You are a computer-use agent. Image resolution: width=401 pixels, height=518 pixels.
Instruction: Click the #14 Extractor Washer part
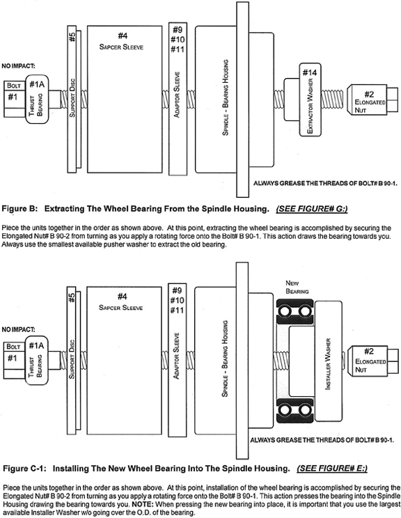click(x=310, y=100)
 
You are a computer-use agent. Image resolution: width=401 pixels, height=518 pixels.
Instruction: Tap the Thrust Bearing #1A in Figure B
click(x=38, y=100)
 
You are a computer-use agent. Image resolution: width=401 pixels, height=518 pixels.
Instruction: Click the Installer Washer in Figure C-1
click(x=329, y=361)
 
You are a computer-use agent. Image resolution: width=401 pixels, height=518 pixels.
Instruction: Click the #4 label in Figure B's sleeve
click(x=123, y=36)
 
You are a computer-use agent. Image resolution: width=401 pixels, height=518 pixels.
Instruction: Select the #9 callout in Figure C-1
click(x=177, y=290)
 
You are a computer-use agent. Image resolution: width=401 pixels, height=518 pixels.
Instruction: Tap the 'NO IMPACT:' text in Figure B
click(x=19, y=66)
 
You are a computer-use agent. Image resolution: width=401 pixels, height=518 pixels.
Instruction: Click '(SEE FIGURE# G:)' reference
click(x=312, y=209)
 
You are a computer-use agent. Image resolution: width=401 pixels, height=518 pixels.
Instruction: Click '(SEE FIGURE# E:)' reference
click(x=332, y=469)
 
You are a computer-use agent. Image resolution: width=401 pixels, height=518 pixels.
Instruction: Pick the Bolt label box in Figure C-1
click(x=13, y=347)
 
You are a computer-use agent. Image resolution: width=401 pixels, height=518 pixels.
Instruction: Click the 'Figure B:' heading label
click(x=20, y=209)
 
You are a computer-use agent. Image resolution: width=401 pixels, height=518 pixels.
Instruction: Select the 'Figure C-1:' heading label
click(x=25, y=469)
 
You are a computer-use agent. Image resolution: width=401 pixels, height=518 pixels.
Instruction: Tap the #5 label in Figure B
click(x=72, y=36)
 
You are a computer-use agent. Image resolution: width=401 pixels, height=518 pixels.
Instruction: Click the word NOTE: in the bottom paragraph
click(x=143, y=505)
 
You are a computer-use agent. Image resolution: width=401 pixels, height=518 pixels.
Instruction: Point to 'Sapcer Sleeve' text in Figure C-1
click(x=121, y=308)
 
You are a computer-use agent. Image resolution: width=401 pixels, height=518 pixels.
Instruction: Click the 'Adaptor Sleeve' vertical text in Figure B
click(x=177, y=95)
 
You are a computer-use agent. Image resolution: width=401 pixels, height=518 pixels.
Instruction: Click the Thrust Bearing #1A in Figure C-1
click(x=36, y=361)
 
